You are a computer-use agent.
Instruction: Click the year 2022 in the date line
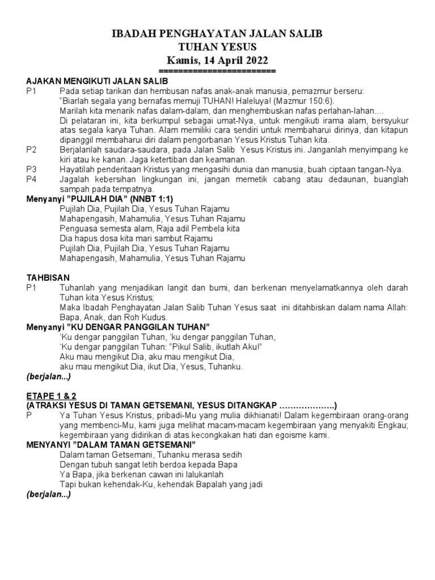[x=252, y=61]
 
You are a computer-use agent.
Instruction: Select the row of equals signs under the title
[x=217, y=71]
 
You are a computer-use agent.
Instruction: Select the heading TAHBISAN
[x=48, y=278]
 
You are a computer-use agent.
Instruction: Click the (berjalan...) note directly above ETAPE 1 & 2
[x=49, y=376]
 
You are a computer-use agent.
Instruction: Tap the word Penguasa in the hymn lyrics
[x=78, y=228]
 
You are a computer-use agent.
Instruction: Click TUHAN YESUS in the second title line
[x=217, y=47]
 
